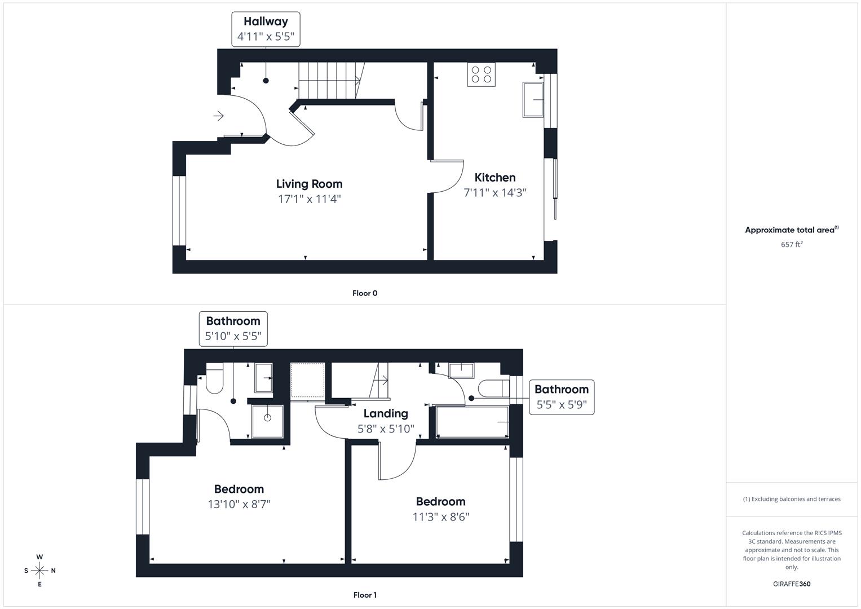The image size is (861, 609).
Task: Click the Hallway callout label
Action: click(266, 29)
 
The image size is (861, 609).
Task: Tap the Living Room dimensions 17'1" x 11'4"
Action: click(309, 199)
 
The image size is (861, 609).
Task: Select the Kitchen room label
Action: click(494, 178)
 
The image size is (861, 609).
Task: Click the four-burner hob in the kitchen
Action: click(481, 74)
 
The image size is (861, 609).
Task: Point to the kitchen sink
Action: click(533, 100)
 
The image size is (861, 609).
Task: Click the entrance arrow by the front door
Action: click(219, 116)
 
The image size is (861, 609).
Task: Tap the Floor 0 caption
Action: click(365, 293)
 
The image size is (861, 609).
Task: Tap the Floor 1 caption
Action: click(365, 595)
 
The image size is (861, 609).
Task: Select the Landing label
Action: click(386, 414)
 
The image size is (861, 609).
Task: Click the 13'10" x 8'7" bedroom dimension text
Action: click(239, 504)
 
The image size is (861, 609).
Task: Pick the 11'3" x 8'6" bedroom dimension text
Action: click(441, 517)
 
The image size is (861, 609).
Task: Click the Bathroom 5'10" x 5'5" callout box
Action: click(233, 329)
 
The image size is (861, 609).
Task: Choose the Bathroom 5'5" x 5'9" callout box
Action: click(561, 397)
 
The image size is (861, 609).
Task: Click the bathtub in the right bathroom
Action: click(472, 422)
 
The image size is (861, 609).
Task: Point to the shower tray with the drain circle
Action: click(267, 421)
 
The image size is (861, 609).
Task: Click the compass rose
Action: click(39, 571)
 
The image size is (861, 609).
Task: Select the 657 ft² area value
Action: click(792, 245)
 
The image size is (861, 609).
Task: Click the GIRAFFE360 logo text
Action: click(792, 584)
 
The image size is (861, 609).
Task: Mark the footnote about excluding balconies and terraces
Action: click(792, 499)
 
